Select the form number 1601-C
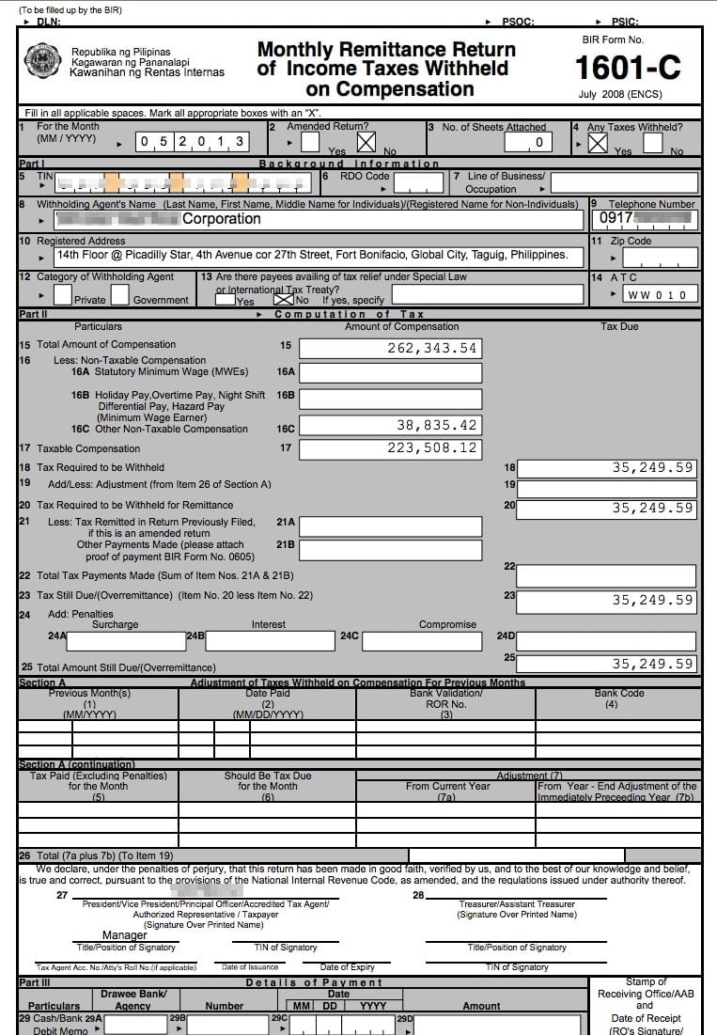click(x=627, y=68)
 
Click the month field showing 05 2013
click(x=193, y=142)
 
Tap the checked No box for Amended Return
click(x=366, y=142)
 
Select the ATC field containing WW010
click(x=657, y=294)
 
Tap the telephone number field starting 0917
click(x=645, y=219)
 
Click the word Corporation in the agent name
click(x=222, y=219)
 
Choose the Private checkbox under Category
click(x=63, y=294)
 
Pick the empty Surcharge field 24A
click(x=127, y=640)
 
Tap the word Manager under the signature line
click(x=125, y=935)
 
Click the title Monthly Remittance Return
click(x=386, y=50)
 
